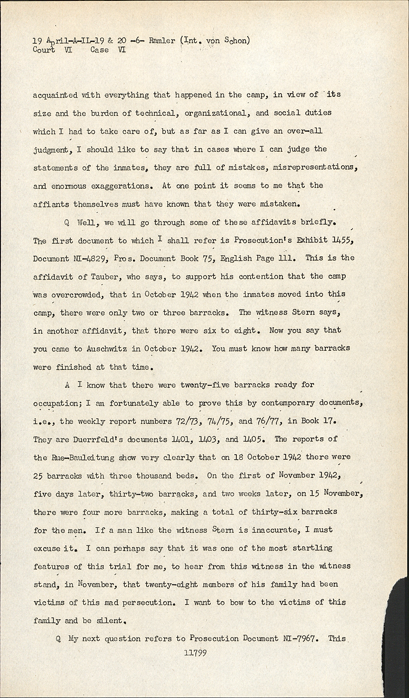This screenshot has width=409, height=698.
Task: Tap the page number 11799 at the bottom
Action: (x=195, y=653)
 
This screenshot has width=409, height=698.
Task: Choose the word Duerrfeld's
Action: (x=96, y=439)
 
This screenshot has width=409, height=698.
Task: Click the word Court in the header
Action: (x=44, y=50)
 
